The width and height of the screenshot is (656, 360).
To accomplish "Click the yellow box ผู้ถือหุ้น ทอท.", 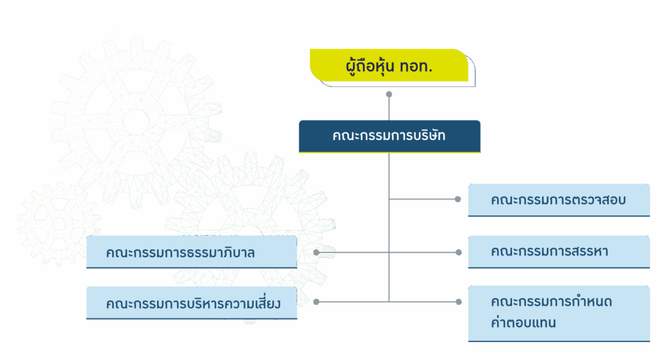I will (389, 65).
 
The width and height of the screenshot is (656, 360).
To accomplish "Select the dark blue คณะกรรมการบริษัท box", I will (389, 136).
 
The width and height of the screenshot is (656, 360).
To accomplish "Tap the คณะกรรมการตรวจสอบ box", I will (558, 200).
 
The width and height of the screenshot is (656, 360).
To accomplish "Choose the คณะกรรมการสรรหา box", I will (558, 251).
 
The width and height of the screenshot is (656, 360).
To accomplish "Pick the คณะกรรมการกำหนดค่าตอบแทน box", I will (558, 313).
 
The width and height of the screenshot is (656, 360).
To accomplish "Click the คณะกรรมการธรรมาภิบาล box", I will (191, 252).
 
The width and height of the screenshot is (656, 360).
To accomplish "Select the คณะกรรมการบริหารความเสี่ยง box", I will (191, 302).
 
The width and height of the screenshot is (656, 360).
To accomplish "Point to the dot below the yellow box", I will (389, 94).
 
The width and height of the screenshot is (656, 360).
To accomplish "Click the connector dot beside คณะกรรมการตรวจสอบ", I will (457, 199).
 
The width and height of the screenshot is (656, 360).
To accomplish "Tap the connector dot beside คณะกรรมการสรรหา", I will (457, 252).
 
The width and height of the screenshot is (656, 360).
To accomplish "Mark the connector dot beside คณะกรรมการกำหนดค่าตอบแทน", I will (457, 301).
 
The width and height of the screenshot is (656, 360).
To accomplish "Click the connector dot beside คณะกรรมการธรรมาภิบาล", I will (316, 252).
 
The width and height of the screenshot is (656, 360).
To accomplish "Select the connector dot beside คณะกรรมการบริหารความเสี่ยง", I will (316, 301).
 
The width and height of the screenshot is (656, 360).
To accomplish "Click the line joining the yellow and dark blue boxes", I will (389, 108).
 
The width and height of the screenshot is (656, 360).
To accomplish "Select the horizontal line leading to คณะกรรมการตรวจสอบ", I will (423, 199).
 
